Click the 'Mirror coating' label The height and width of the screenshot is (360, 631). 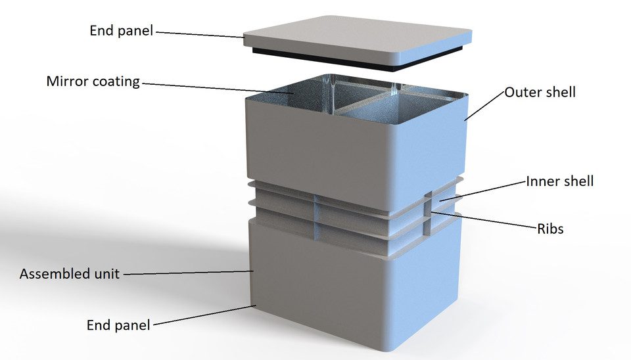click(x=93, y=81)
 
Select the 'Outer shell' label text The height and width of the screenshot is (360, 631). click(x=540, y=92)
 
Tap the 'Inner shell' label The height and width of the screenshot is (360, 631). click(x=560, y=181)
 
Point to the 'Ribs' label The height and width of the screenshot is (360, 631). click(x=551, y=229)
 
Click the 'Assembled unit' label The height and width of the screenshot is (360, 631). click(x=70, y=274)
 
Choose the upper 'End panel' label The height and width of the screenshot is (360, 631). click(x=122, y=31)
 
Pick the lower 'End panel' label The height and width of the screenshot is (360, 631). click(x=118, y=325)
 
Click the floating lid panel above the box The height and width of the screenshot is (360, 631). click(x=358, y=40)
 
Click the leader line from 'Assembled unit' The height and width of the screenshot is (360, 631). click(x=188, y=273)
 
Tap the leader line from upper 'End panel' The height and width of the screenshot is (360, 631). click(x=200, y=35)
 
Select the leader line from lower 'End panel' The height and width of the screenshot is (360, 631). click(x=204, y=315)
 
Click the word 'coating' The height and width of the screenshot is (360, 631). click(x=116, y=81)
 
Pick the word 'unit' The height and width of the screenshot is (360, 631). click(x=107, y=274)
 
